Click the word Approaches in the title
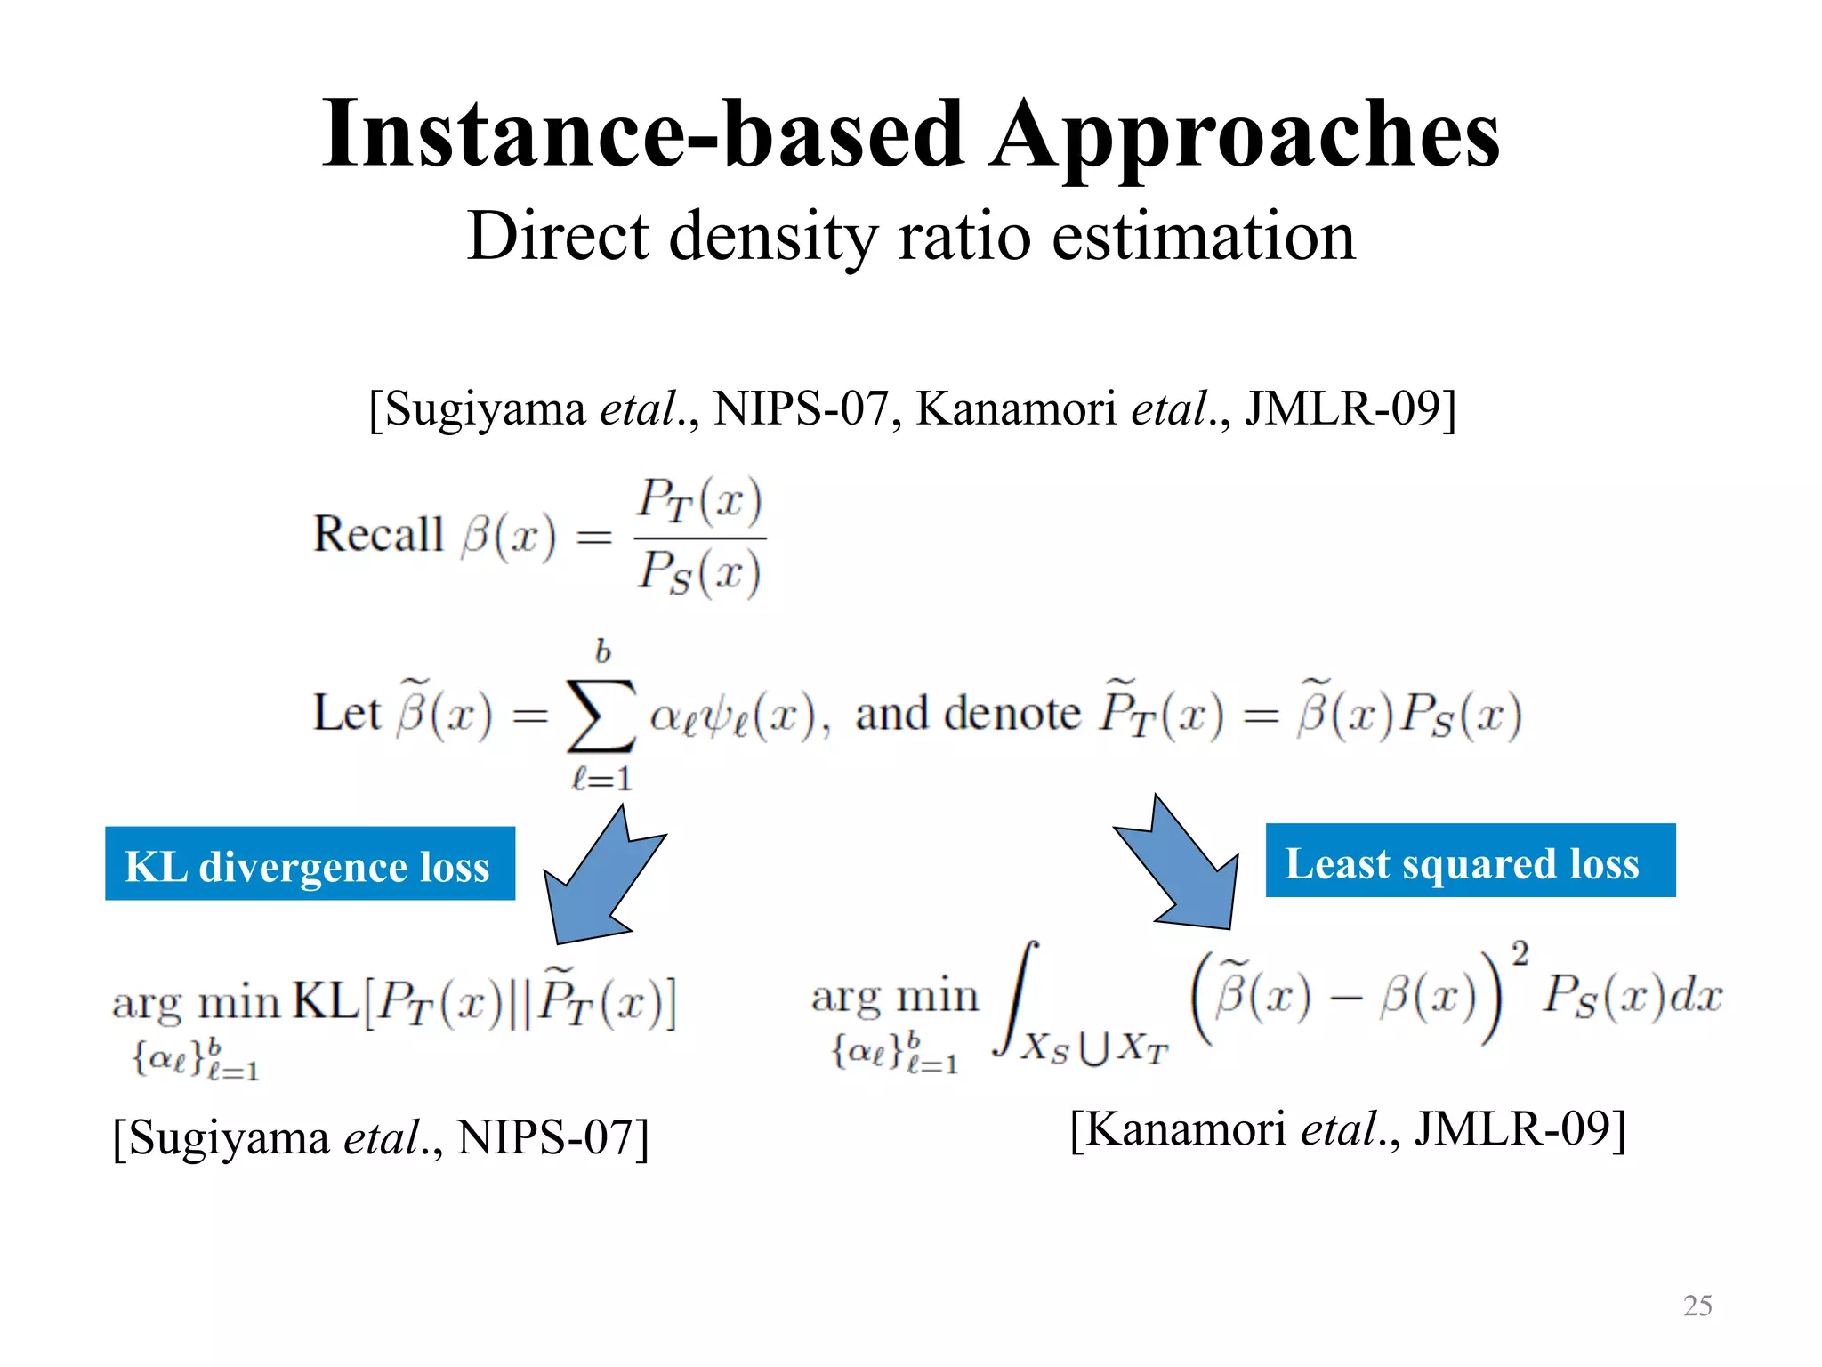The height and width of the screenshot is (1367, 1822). tap(1246, 135)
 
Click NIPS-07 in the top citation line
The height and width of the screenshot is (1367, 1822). tap(801, 409)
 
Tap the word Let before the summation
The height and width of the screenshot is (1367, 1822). tap(346, 713)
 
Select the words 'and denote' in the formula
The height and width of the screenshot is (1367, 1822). tap(967, 714)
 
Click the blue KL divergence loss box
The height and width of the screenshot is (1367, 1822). tap(310, 864)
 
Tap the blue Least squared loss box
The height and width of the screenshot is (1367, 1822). tap(1470, 861)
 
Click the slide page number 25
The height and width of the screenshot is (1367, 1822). tap(1697, 1306)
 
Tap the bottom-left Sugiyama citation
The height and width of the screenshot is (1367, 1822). tap(381, 1137)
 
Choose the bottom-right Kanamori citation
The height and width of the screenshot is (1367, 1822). tap(1347, 1129)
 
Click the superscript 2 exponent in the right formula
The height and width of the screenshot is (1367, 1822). tap(1520, 954)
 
